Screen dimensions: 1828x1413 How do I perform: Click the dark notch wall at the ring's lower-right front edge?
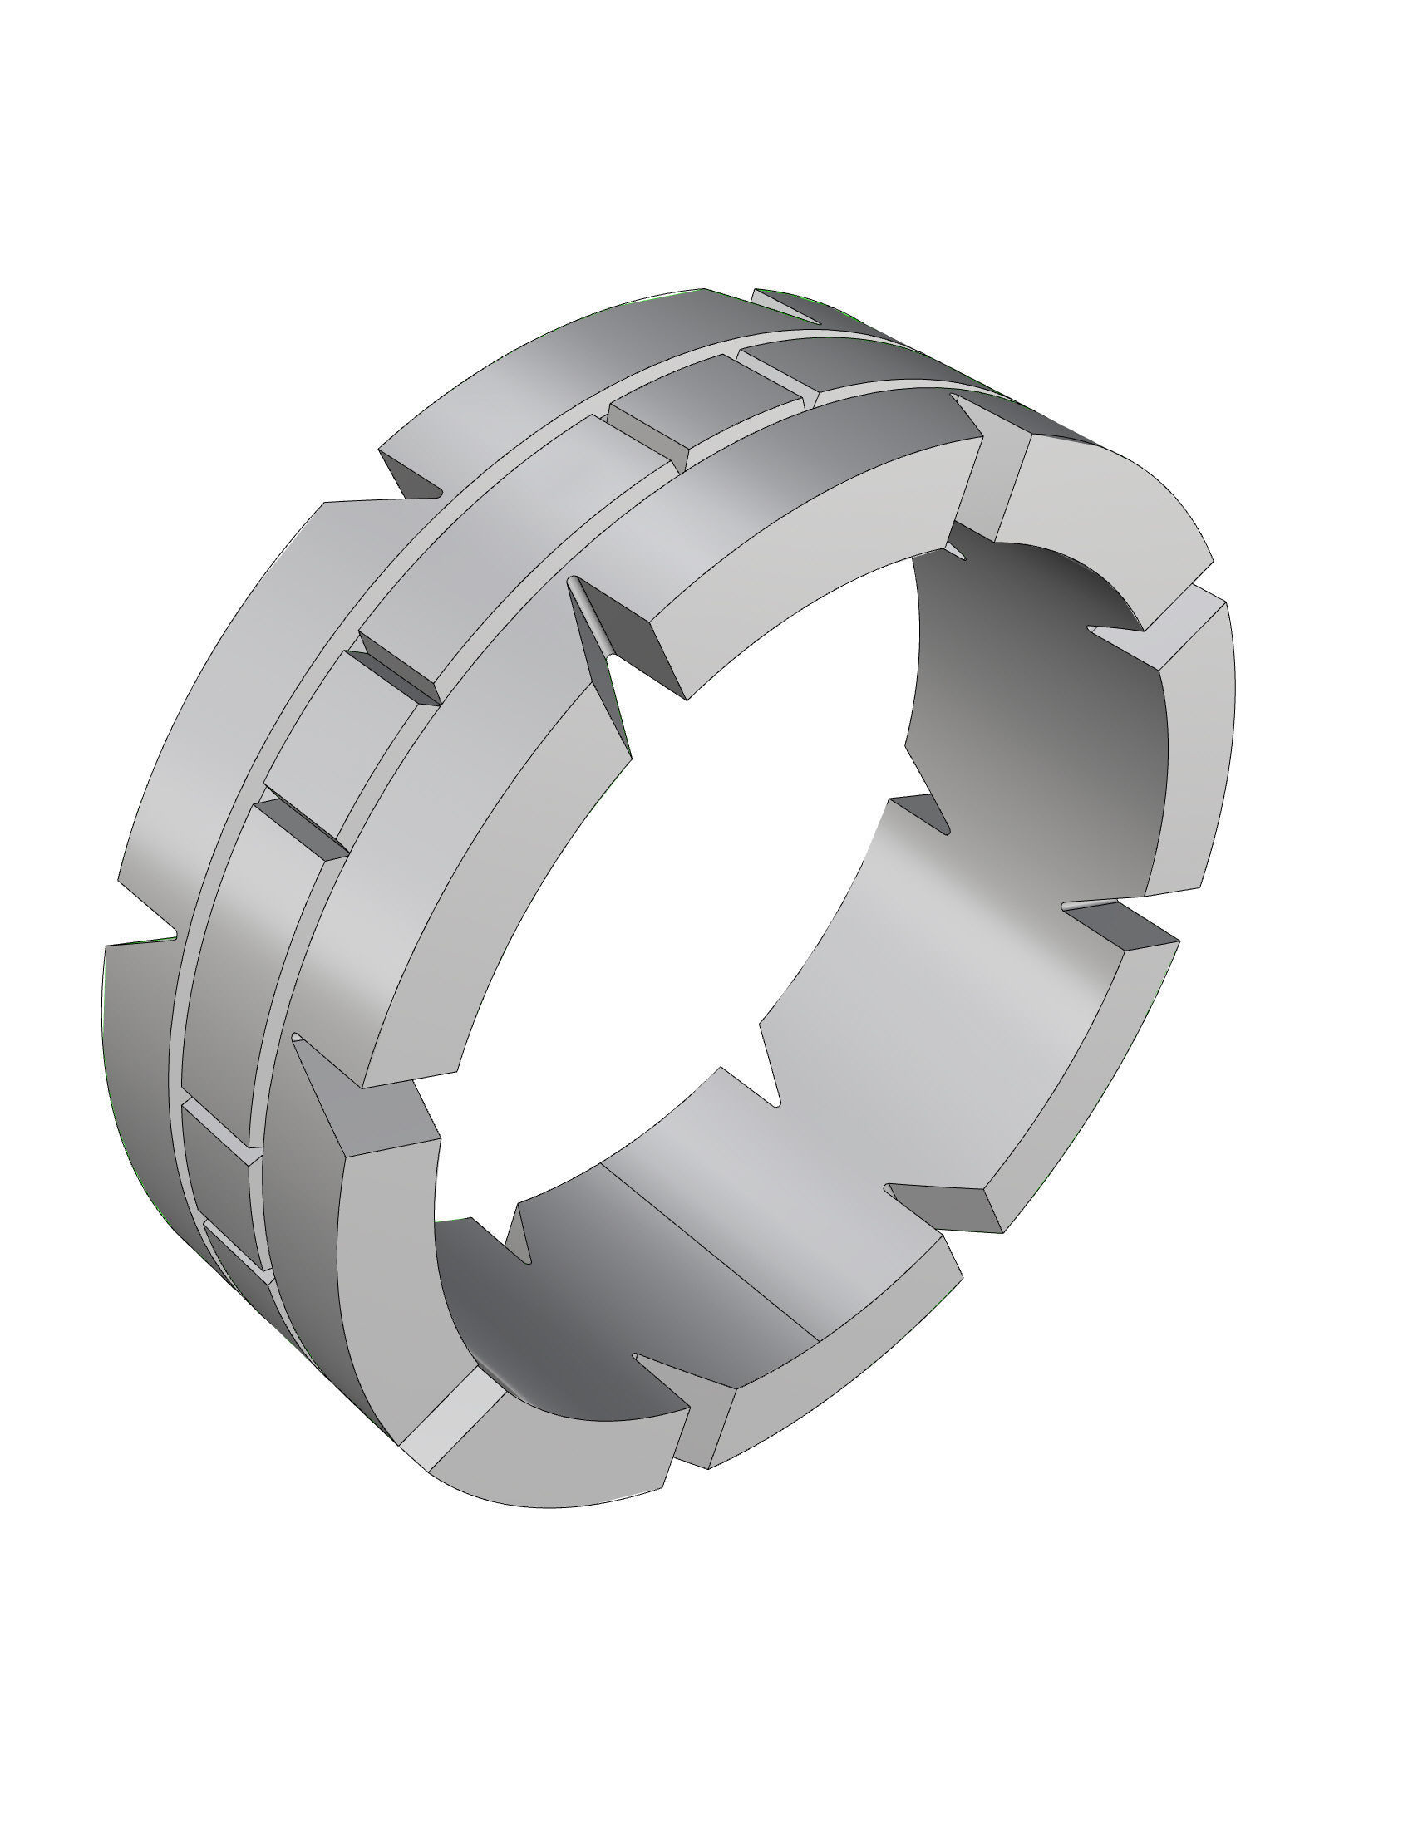[946, 1206]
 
